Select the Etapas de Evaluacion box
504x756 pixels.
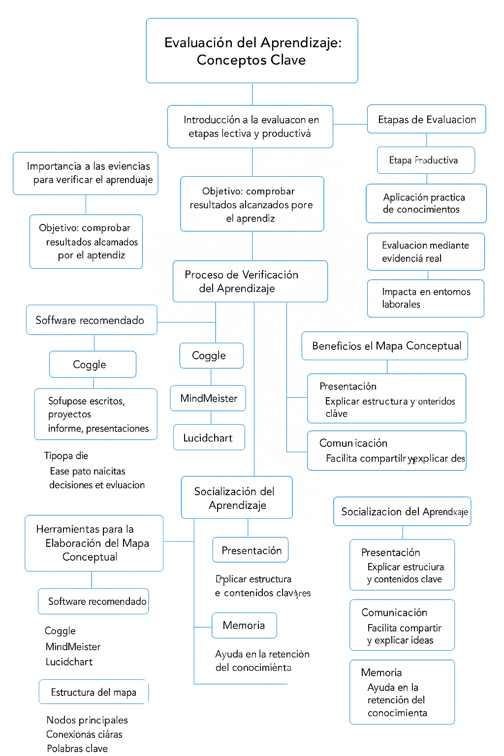point(427,119)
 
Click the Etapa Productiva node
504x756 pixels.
point(426,160)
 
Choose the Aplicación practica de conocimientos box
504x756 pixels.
point(426,203)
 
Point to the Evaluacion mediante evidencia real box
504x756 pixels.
point(426,252)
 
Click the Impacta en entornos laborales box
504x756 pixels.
point(426,298)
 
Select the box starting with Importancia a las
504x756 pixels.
point(86,173)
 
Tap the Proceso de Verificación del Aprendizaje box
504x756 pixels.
point(250,281)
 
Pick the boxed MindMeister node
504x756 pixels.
point(208,398)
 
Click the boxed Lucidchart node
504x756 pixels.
point(209,438)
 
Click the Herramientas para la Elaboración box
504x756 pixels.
point(94,543)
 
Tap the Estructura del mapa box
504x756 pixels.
point(94,692)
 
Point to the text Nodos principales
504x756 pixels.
point(87,720)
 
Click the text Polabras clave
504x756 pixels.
point(77,748)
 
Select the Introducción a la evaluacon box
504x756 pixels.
point(250,126)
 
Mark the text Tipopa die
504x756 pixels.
point(66,456)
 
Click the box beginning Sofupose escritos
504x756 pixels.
point(96,414)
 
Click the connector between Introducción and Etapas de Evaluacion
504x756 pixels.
point(350,124)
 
